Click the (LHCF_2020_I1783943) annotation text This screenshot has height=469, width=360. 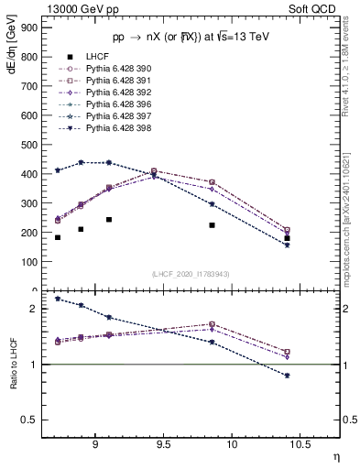[191, 274]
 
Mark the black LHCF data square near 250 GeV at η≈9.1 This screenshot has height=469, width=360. [109, 220]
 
